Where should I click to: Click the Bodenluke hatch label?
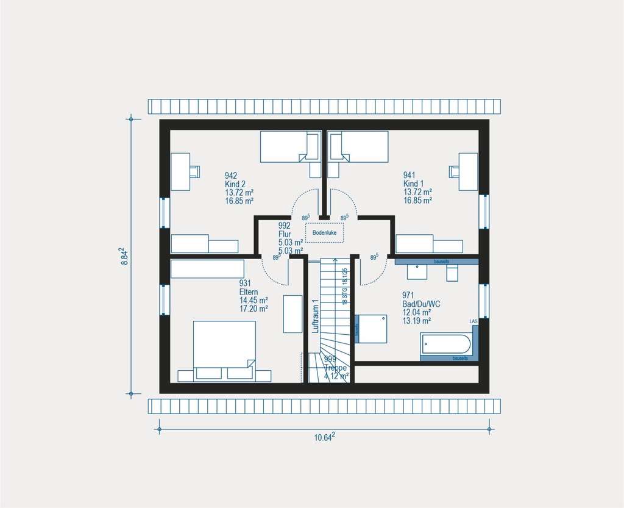(x=324, y=232)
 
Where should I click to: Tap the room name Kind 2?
(x=235, y=184)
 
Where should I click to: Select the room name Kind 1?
(x=413, y=184)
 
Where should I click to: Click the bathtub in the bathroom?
(x=445, y=343)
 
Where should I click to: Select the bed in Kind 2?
(x=290, y=147)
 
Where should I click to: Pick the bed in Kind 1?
(x=359, y=147)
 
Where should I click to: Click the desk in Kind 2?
(x=182, y=171)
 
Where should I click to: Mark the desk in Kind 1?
(x=467, y=171)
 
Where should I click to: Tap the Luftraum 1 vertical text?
(x=315, y=316)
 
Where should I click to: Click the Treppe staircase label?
(x=335, y=368)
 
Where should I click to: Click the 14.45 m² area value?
(x=254, y=300)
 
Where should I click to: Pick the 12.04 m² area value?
(x=417, y=312)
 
